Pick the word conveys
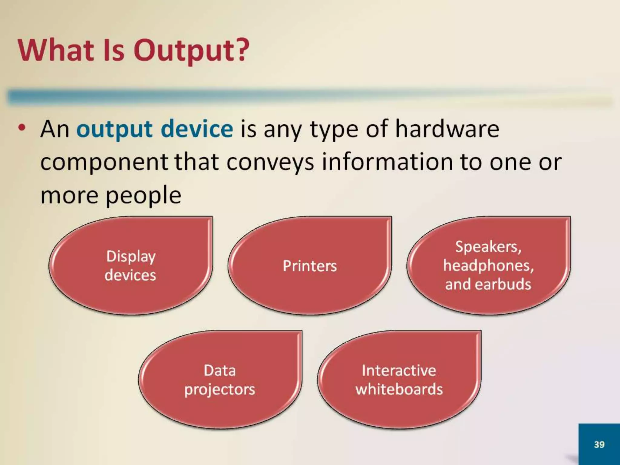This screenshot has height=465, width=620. (270, 162)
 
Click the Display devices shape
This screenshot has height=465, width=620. (131, 265)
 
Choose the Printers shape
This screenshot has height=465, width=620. (310, 266)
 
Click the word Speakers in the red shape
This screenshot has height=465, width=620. (488, 247)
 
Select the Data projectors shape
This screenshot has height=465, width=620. (220, 380)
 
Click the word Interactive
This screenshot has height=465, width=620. (399, 371)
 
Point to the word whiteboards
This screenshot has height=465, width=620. (399, 389)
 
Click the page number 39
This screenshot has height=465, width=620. (599, 444)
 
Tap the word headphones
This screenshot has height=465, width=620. (488, 266)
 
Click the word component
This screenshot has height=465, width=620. (104, 163)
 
